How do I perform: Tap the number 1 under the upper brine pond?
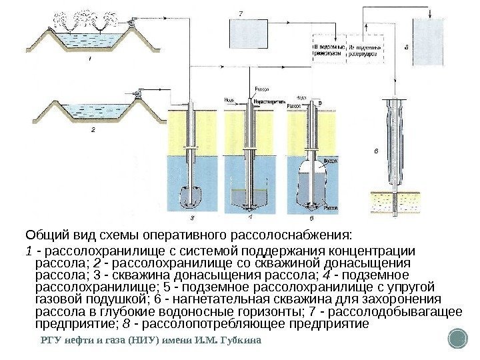[x=90, y=59]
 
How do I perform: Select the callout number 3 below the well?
[x=193, y=217]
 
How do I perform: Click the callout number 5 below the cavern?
[x=311, y=217]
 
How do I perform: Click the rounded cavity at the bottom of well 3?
[x=193, y=197]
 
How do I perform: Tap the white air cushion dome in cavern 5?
[x=311, y=163]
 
